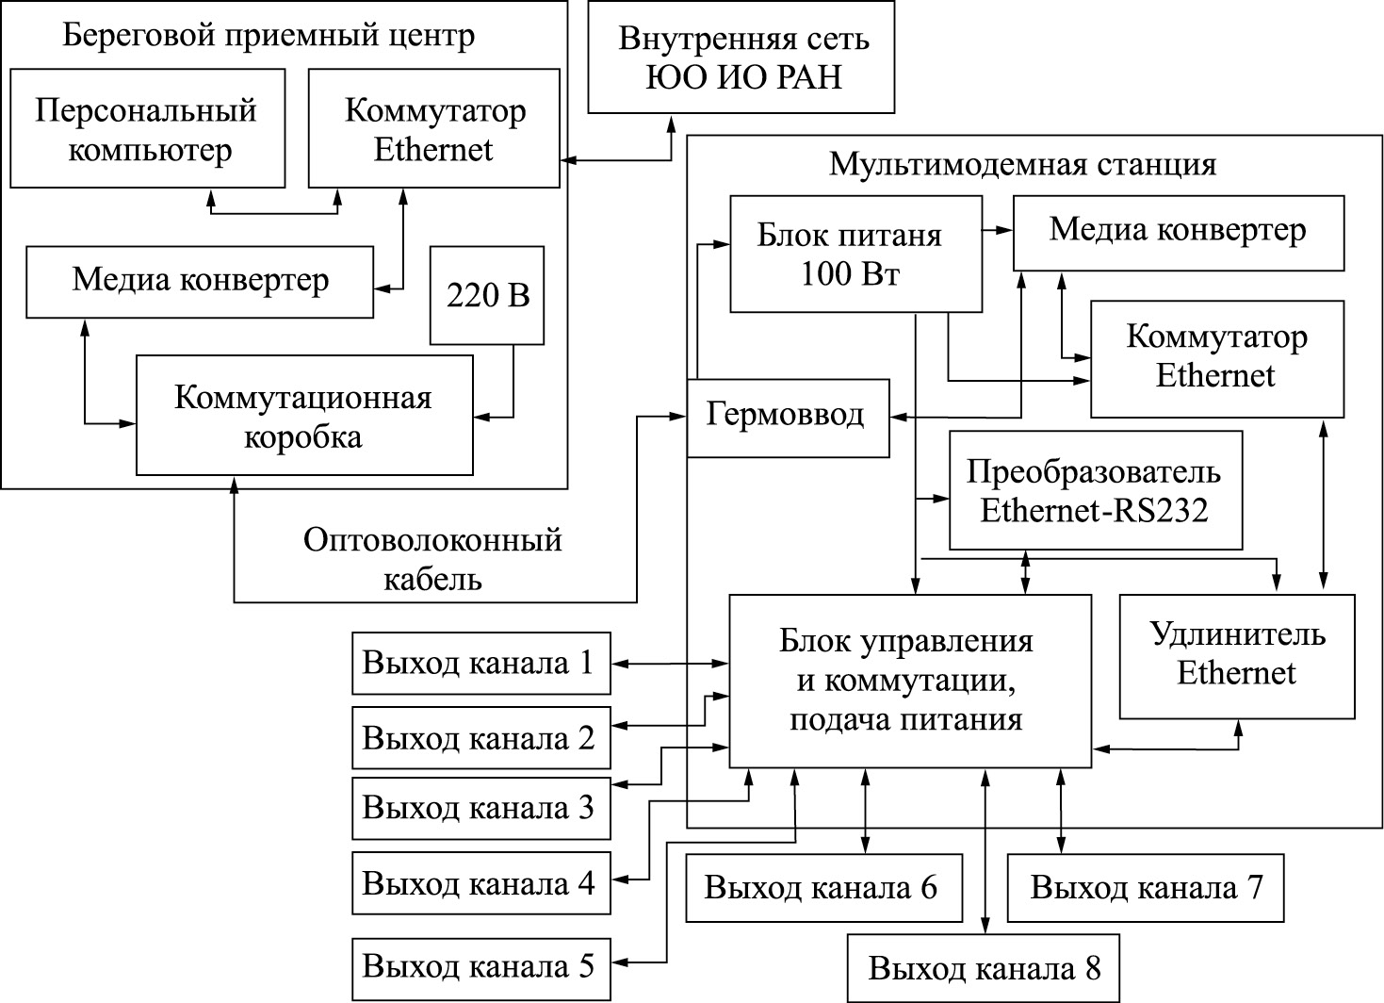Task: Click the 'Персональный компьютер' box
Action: [146, 128]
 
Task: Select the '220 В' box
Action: [487, 295]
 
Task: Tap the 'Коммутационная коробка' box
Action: [303, 415]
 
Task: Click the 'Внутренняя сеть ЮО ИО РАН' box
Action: [741, 58]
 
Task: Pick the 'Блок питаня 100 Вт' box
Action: [855, 254]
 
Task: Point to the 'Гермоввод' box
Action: [788, 418]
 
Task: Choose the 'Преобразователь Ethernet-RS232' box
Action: [1095, 490]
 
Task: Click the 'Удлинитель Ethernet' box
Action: [1236, 656]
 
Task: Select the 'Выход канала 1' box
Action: [480, 664]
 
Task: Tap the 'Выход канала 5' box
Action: [480, 968]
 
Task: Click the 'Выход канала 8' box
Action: [984, 968]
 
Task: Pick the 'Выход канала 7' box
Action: [1145, 888]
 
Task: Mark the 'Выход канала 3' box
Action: [480, 808]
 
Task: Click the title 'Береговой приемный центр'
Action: [269, 36]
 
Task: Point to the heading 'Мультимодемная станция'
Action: [1022, 164]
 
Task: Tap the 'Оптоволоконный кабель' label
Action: [433, 558]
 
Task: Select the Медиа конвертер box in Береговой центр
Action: [200, 282]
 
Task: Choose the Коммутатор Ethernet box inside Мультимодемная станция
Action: [1216, 358]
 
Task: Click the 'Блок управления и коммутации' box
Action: [911, 681]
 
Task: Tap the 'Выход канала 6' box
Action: [823, 888]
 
